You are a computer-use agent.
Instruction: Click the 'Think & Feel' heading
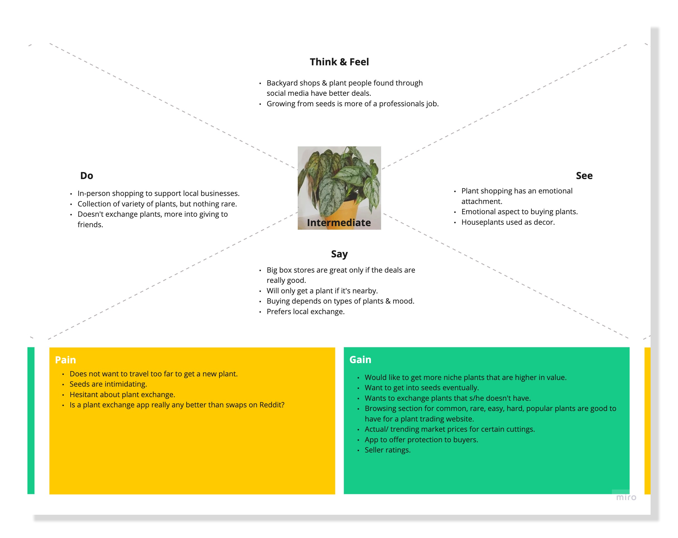(x=339, y=62)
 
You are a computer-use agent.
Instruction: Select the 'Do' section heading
(x=86, y=176)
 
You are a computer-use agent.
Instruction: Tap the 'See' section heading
(x=584, y=176)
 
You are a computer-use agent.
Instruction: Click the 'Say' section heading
(x=339, y=254)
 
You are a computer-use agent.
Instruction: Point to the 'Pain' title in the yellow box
(x=65, y=360)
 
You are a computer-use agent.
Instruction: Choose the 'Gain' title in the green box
(x=360, y=359)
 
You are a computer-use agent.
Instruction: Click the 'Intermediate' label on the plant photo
(x=339, y=223)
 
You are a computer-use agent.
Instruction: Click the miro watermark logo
(x=626, y=497)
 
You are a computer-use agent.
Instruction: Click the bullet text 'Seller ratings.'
(x=387, y=450)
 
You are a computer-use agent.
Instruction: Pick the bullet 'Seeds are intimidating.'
(x=108, y=384)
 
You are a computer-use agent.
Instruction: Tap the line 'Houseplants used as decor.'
(x=508, y=222)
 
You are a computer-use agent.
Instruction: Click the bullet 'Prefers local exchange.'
(x=305, y=311)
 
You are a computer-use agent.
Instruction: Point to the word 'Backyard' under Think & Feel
(x=281, y=83)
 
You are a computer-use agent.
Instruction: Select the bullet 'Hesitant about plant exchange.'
(x=122, y=394)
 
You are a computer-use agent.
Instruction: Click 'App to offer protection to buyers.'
(x=421, y=440)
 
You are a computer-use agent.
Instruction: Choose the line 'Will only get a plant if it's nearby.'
(x=322, y=291)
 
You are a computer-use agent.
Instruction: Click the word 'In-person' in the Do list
(x=94, y=193)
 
